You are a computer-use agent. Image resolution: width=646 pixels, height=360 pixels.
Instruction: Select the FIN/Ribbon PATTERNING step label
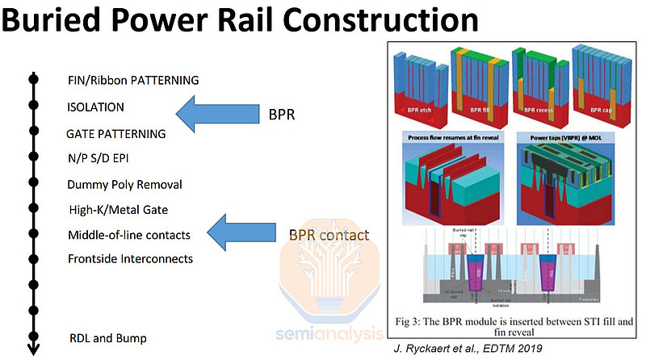(x=133, y=81)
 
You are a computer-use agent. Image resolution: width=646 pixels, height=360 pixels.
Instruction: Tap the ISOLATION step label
(x=97, y=107)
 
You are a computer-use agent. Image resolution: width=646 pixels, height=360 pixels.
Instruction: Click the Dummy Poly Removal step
(x=125, y=184)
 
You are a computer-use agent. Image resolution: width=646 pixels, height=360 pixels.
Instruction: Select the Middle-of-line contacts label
(x=129, y=235)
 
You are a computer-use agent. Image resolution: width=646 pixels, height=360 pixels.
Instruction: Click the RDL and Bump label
(x=107, y=337)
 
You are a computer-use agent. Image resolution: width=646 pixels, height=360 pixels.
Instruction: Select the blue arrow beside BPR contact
(x=241, y=232)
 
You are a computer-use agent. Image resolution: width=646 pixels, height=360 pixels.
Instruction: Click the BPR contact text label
(x=329, y=236)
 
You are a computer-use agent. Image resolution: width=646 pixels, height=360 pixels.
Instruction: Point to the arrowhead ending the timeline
(x=33, y=349)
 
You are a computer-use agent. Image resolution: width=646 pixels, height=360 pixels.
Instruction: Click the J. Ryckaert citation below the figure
(x=468, y=350)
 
